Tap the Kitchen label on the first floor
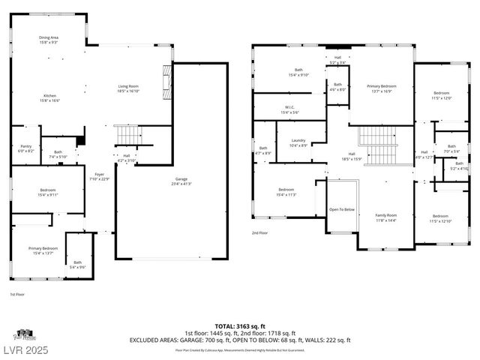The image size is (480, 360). click(49, 98)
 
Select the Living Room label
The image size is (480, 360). click(128, 89)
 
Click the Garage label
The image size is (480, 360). click(181, 181)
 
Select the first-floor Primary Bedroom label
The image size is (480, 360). click(43, 250)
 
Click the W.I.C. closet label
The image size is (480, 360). click(289, 109)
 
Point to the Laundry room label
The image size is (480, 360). click(298, 142)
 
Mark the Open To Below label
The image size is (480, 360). click(343, 209)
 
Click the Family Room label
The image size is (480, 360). click(385, 217)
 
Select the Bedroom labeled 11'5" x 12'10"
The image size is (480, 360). click(440, 218)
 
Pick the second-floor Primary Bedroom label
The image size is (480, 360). click(381, 88)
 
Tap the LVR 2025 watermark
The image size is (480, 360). click(25, 350)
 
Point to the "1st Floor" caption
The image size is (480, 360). click(17, 294)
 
